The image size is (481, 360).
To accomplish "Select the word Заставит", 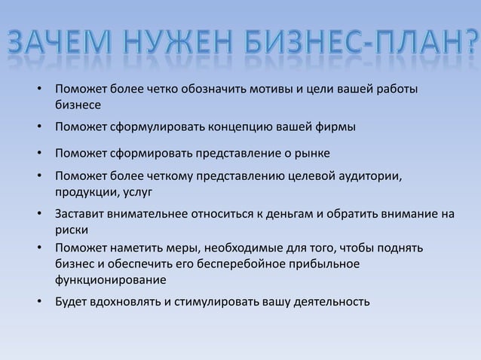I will pos(79,213).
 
